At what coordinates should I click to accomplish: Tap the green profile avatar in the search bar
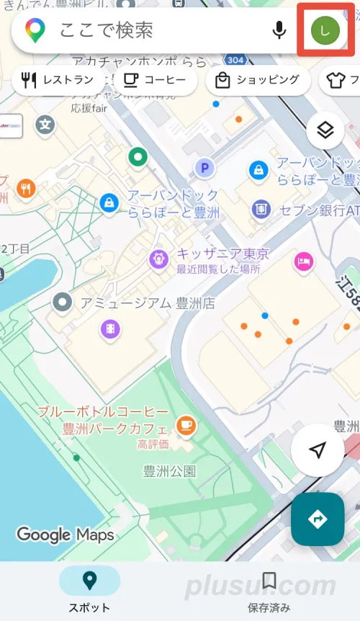click(x=325, y=30)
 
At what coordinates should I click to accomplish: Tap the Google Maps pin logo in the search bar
click(x=34, y=30)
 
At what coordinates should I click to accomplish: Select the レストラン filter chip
click(x=58, y=80)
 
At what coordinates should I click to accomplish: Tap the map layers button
click(x=325, y=130)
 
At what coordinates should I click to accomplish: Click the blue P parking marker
click(x=205, y=169)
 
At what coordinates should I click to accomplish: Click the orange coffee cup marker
click(x=186, y=425)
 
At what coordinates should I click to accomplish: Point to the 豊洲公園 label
click(x=170, y=472)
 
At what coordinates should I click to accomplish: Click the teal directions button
click(x=318, y=519)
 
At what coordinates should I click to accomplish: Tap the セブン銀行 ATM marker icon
click(x=261, y=209)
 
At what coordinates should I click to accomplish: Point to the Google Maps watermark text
click(x=66, y=535)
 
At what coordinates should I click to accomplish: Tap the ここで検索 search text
click(x=107, y=30)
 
